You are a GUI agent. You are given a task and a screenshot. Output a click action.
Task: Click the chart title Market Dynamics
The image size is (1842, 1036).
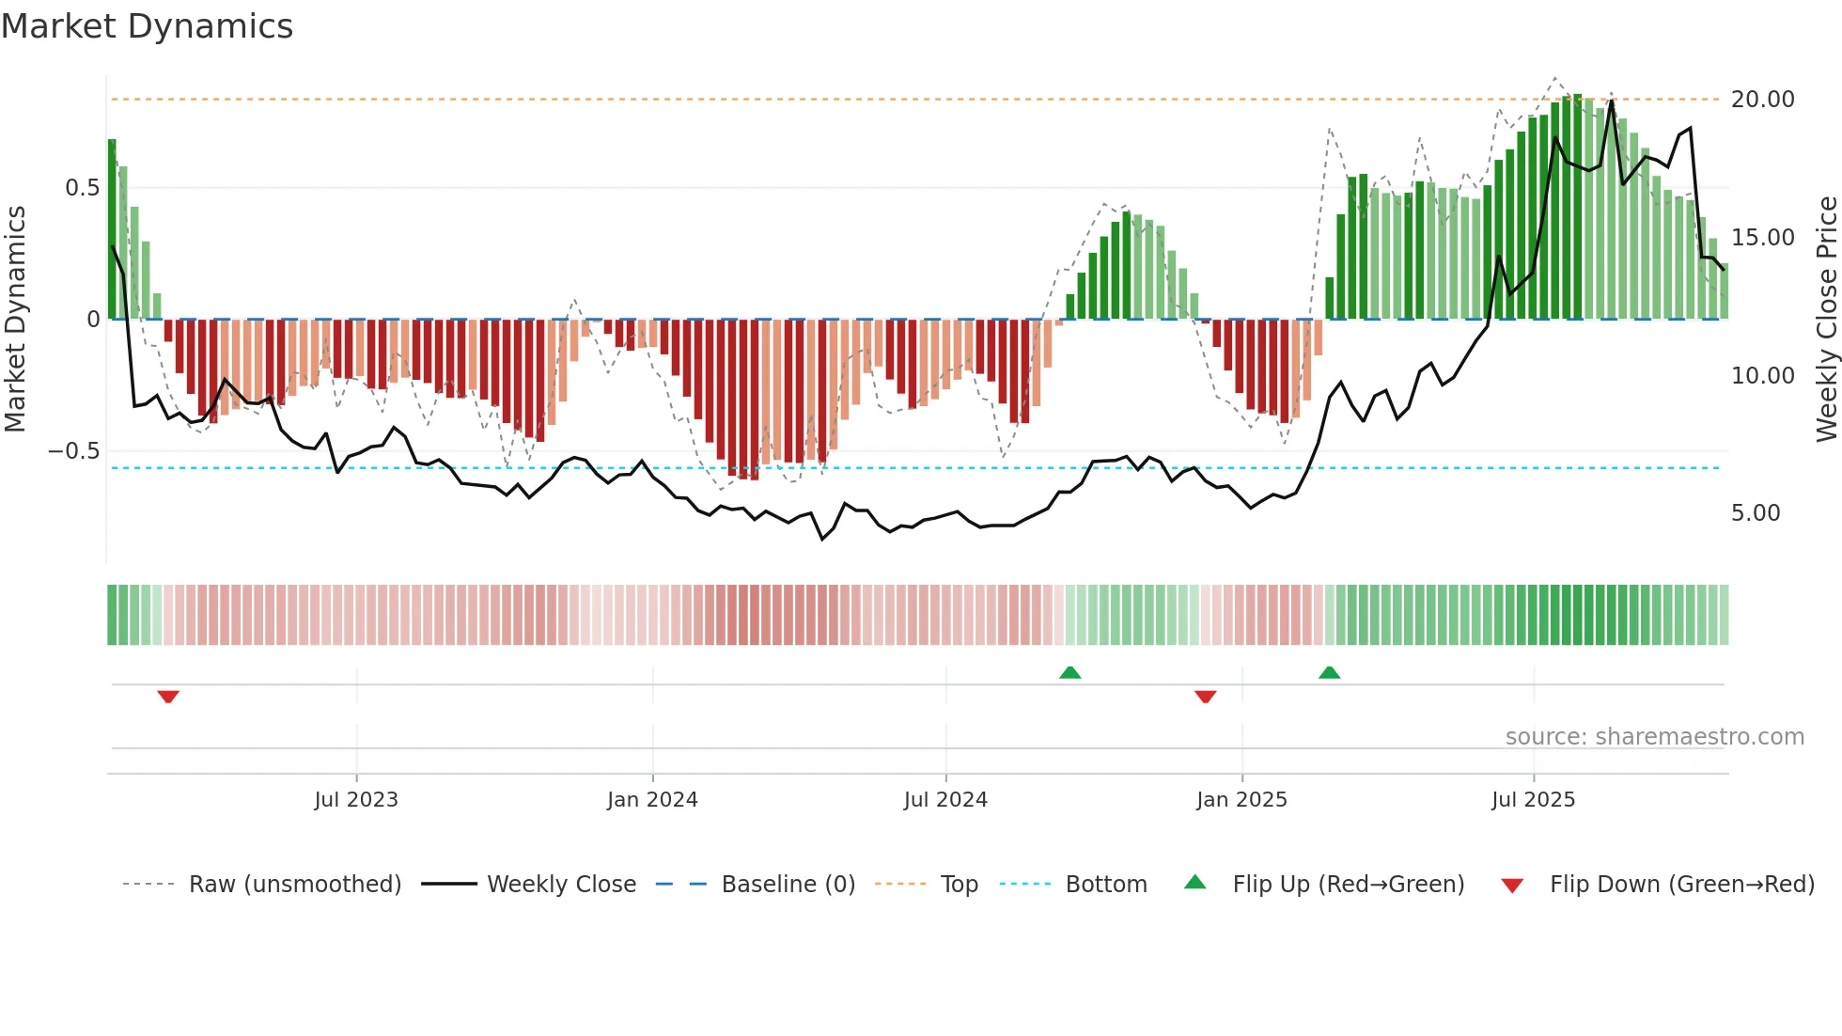pyautogui.click(x=148, y=26)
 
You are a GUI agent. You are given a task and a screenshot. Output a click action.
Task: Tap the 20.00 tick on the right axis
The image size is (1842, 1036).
pyautogui.click(x=1762, y=100)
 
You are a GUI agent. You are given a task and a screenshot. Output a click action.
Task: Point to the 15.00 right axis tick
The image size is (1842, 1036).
pyautogui.click(x=1762, y=238)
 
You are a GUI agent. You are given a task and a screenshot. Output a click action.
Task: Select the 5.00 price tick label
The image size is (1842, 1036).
pyautogui.click(x=1755, y=513)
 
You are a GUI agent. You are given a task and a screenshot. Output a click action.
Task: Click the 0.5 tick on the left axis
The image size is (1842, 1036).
pyautogui.click(x=82, y=188)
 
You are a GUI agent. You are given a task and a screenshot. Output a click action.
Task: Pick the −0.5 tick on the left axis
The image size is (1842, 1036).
pyautogui.click(x=73, y=451)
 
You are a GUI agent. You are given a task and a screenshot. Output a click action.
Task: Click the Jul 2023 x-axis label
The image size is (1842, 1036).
pyautogui.click(x=356, y=800)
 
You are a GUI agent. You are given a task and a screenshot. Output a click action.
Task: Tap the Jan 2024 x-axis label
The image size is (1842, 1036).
pyautogui.click(x=652, y=800)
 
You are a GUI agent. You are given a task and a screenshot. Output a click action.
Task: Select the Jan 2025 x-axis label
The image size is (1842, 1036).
pyautogui.click(x=1241, y=800)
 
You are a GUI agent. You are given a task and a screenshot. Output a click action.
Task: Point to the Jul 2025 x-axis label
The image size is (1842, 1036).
pyautogui.click(x=1533, y=800)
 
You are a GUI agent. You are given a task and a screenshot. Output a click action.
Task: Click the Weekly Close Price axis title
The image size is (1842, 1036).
pyautogui.click(x=1826, y=320)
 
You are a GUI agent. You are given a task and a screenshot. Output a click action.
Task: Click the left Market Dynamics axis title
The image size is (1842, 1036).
pyautogui.click(x=16, y=320)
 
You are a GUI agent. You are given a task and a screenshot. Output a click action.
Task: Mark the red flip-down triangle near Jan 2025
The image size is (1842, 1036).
pyautogui.click(x=1206, y=697)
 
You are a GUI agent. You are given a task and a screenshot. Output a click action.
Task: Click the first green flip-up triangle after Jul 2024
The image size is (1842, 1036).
pyautogui.click(x=1069, y=672)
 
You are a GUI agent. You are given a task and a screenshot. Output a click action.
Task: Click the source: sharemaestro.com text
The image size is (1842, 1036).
pyautogui.click(x=1654, y=737)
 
